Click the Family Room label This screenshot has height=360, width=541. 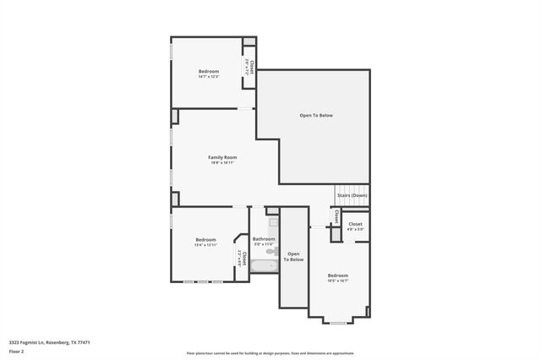(x=223, y=157)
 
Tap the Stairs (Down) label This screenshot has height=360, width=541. (x=352, y=195)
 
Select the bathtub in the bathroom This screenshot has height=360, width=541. (x=263, y=265)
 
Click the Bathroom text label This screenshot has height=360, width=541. (x=264, y=239)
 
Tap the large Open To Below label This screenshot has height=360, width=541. (x=316, y=115)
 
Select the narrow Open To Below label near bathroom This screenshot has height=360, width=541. (x=293, y=256)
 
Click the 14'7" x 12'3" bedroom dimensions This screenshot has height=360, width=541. (x=209, y=77)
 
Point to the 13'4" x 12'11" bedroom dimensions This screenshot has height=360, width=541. (x=206, y=245)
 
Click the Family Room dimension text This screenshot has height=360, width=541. (x=223, y=163)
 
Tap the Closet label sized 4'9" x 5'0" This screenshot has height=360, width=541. (x=356, y=226)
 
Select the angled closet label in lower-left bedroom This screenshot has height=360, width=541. (x=243, y=258)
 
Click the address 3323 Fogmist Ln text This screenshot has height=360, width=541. (x=49, y=342)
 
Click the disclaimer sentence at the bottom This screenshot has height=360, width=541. (x=270, y=353)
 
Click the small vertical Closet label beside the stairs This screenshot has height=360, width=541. (x=336, y=216)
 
